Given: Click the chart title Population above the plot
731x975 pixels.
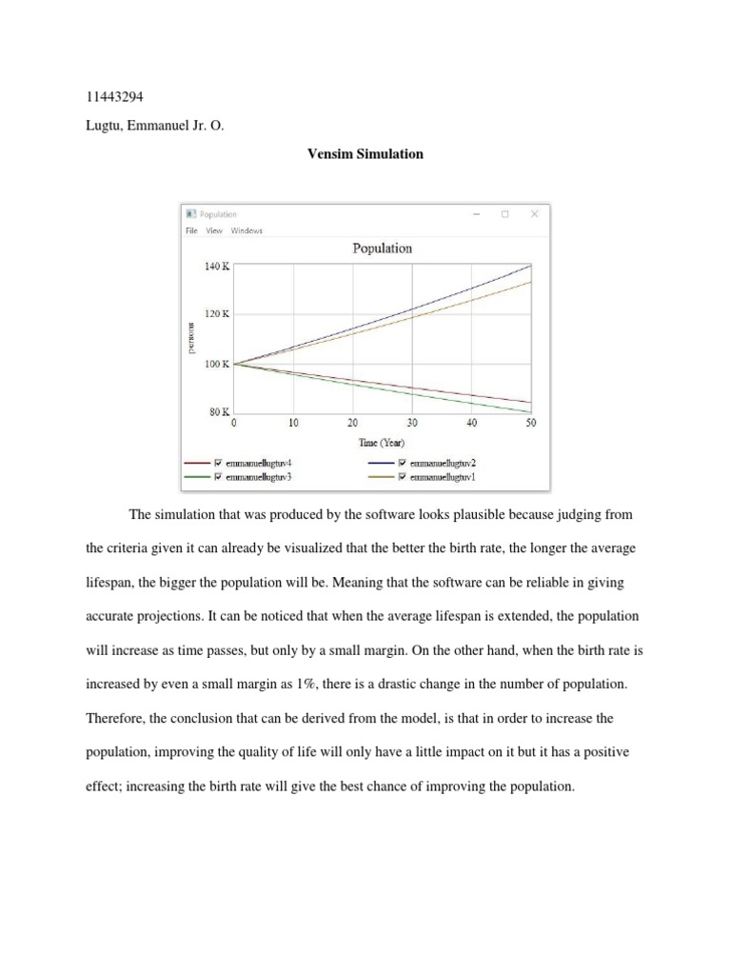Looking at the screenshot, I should click(383, 249).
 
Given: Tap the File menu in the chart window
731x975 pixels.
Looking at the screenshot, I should click(191, 229).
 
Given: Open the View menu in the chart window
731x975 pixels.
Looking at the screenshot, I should click(214, 229).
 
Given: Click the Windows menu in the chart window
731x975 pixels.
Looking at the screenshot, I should click(247, 229).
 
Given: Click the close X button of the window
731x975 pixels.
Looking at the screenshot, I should click(535, 214).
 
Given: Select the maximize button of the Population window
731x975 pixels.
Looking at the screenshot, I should click(505, 214).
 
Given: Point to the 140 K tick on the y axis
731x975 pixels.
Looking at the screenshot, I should click(217, 268).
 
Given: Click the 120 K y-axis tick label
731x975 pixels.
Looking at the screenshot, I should click(217, 314).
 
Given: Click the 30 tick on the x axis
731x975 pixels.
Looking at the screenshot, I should click(412, 423).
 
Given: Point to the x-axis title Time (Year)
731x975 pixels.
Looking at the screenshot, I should click(382, 444).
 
